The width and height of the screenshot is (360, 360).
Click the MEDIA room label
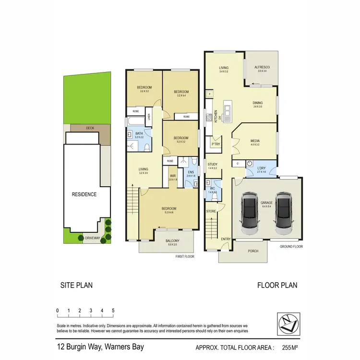click(x=254, y=141)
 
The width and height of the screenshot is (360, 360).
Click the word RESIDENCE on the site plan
click(x=84, y=194)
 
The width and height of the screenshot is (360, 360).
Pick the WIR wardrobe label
click(x=173, y=176)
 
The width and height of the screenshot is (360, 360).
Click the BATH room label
click(x=139, y=133)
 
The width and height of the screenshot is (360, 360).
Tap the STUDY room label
click(x=213, y=164)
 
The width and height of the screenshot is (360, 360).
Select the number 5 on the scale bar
click(x=113, y=311)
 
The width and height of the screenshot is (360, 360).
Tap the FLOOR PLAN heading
click(x=277, y=285)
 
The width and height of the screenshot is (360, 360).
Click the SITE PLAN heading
click(x=76, y=285)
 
